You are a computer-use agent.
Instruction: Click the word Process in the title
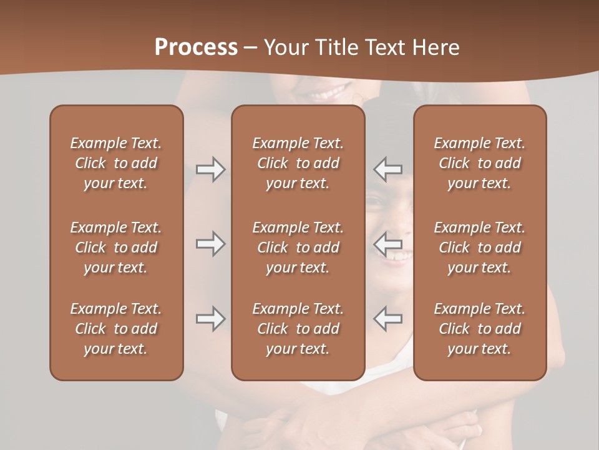pos(196,47)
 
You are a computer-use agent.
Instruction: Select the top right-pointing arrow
pos(210,169)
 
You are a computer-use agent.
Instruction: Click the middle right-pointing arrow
pos(210,244)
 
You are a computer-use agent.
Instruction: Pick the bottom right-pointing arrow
pos(210,319)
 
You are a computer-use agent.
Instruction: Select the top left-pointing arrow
pos(388,169)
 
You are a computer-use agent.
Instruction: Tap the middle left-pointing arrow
pos(388,244)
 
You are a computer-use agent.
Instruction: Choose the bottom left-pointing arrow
pos(388,319)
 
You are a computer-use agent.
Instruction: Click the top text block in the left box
pos(116,163)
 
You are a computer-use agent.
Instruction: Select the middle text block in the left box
pos(116,247)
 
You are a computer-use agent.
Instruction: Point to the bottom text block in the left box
pos(116,329)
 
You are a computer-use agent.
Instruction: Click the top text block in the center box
pos(298,163)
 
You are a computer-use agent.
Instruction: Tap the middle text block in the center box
pos(298,247)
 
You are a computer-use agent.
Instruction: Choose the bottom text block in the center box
pos(298,329)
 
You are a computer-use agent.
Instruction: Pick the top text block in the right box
pos(479,163)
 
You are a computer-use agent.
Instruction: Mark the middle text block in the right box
pos(479,247)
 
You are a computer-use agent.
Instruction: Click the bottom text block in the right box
pos(479,329)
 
